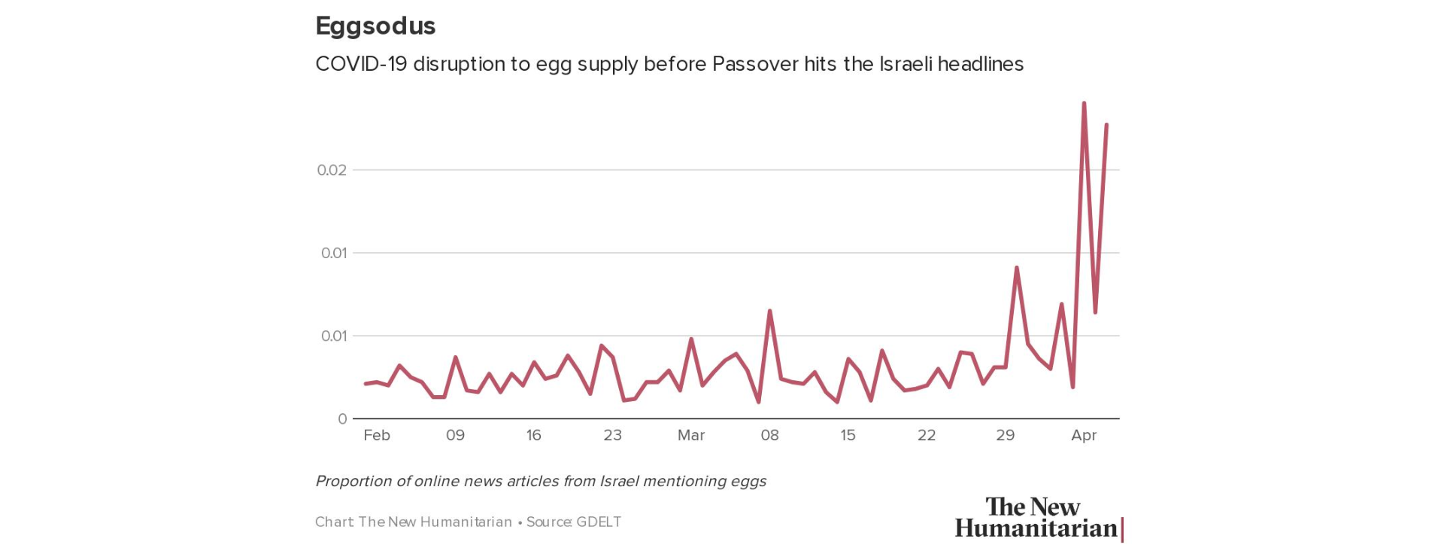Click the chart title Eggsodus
pyautogui.click(x=375, y=26)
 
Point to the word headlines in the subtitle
pyautogui.click(x=981, y=64)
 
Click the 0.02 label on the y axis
pyautogui.click(x=332, y=170)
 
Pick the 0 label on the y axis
pyautogui.click(x=342, y=419)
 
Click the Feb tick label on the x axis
pyautogui.click(x=377, y=435)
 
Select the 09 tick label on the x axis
pyautogui.click(x=455, y=435)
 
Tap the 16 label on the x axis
pyautogui.click(x=533, y=435)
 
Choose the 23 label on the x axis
pyautogui.click(x=612, y=435)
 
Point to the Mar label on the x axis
pyautogui.click(x=691, y=435)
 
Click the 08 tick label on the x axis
pyautogui.click(x=769, y=435)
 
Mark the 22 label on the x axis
pyautogui.click(x=927, y=435)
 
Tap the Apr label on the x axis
pyautogui.click(x=1084, y=435)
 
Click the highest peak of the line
pyautogui.click(x=1084, y=103)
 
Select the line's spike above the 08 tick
pyautogui.click(x=769, y=311)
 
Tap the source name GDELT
pyautogui.click(x=599, y=522)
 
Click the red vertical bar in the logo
pyautogui.click(x=1122, y=529)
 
